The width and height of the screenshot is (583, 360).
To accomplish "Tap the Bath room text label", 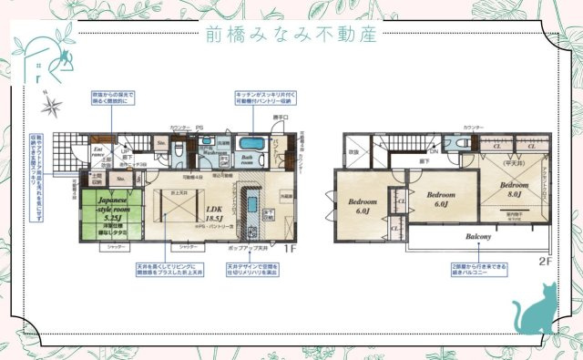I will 250,161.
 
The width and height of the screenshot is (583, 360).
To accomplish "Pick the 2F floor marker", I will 545,261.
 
